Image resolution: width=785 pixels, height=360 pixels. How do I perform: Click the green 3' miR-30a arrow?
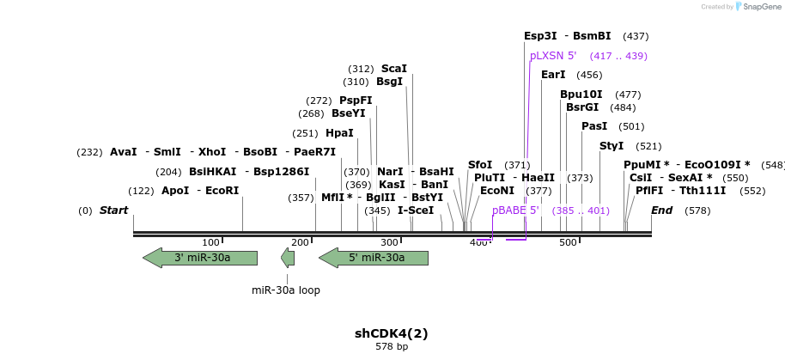[201, 258]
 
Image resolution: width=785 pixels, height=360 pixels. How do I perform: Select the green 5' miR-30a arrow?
[374, 258]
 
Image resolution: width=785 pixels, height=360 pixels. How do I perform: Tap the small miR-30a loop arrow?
[288, 258]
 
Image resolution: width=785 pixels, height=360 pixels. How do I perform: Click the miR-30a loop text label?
[286, 290]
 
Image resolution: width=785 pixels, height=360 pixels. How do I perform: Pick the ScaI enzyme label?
[393, 69]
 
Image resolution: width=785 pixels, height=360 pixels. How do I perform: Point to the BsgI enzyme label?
[389, 82]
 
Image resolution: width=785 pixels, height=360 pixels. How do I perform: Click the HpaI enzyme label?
[339, 133]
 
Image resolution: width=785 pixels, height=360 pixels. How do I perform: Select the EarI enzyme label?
[553, 75]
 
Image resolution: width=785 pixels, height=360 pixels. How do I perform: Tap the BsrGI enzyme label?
[582, 107]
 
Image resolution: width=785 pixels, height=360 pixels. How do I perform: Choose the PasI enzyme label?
[594, 126]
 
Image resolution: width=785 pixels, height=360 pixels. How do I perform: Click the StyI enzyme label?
[612, 146]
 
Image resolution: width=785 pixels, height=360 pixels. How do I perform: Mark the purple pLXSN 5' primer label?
[553, 56]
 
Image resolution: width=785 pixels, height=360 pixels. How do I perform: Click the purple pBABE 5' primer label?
[515, 211]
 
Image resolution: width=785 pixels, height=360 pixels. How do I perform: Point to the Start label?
[113, 211]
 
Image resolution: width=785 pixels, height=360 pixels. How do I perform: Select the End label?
[661, 211]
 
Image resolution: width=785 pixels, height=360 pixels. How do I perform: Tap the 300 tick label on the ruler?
[389, 243]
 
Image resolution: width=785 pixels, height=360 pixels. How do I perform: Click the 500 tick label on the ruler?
[568, 243]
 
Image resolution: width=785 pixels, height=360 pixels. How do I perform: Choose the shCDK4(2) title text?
[392, 333]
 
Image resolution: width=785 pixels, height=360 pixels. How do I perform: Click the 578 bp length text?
[392, 347]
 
